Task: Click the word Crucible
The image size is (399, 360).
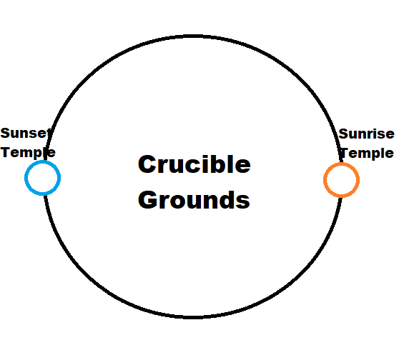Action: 194,164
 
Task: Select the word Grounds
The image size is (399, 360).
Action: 194,200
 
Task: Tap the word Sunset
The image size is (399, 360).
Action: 26,133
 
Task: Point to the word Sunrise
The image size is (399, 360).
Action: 366,134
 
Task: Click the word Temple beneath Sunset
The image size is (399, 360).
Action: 28,153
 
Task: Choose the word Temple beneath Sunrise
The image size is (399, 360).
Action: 367,153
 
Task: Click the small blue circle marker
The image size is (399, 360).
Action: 42,161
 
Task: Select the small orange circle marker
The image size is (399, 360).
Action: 342,164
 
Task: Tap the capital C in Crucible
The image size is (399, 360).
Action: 147,164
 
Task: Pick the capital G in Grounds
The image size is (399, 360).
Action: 147,200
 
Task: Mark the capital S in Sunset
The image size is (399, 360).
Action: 5,134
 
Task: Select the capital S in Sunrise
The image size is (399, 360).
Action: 343,134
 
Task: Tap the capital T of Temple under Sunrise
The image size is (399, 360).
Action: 345,153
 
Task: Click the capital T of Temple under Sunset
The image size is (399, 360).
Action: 5,152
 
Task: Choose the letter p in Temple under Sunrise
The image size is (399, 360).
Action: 377,154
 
